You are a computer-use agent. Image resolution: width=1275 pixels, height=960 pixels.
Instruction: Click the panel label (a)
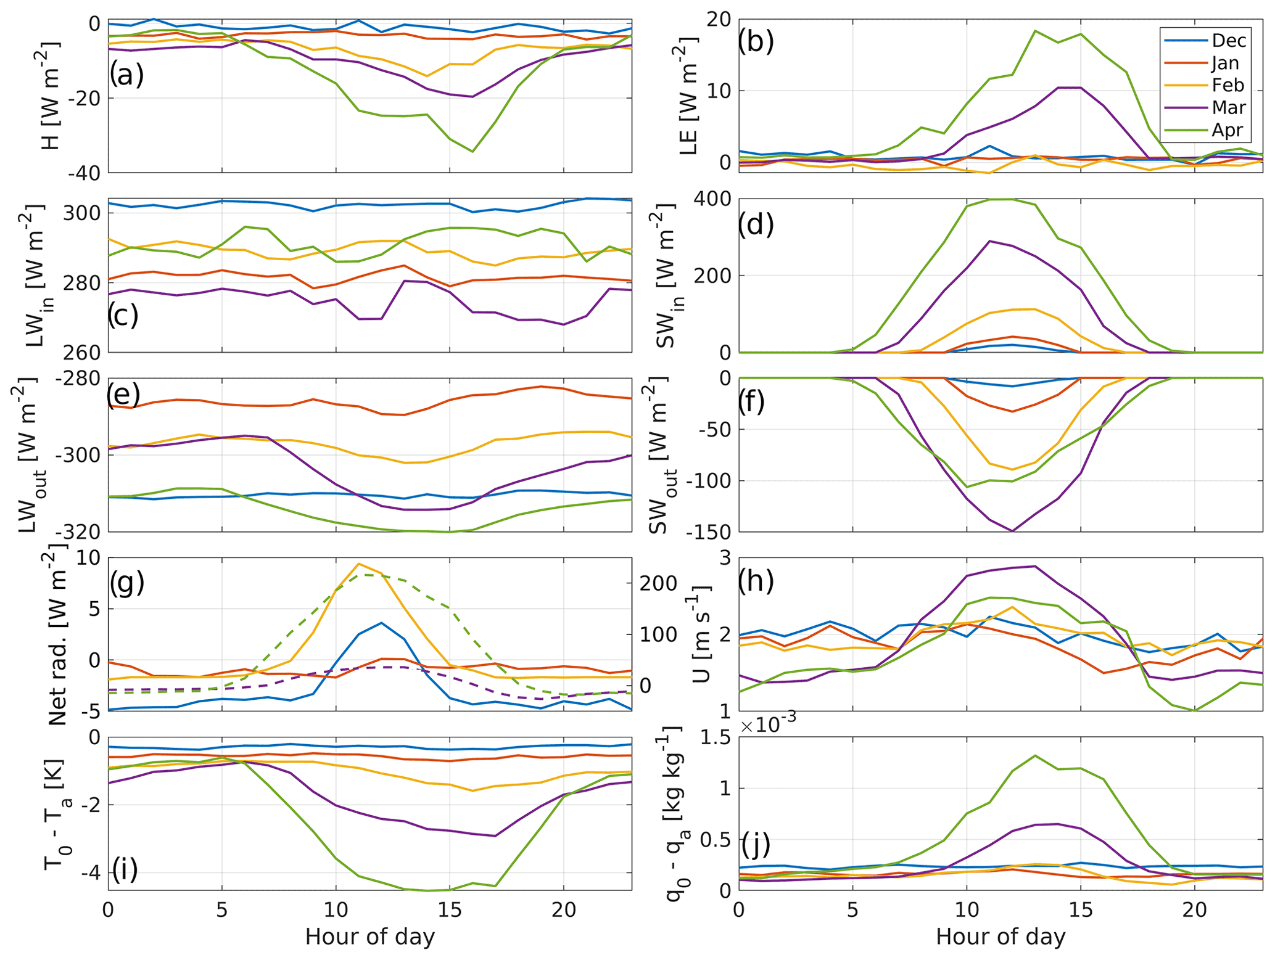coord(126,75)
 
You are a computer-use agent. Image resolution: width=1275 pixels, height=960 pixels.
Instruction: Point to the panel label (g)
coord(126,583)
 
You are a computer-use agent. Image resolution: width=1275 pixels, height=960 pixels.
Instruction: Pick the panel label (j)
coord(755,845)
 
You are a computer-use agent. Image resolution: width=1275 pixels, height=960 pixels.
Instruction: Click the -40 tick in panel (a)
coord(85,173)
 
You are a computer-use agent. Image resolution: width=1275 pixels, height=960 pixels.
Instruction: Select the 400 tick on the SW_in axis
coord(714,199)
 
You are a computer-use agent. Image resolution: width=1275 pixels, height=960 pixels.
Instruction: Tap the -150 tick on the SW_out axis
coord(706,532)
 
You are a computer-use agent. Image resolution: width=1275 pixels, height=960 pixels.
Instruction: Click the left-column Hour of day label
coord(370,937)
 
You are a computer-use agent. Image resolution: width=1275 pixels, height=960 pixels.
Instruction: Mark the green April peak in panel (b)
coord(1035,31)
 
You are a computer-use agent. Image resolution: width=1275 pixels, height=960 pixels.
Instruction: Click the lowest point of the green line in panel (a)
coord(472,152)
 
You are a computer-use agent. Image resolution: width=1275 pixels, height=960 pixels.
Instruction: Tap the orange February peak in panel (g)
coord(359,564)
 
